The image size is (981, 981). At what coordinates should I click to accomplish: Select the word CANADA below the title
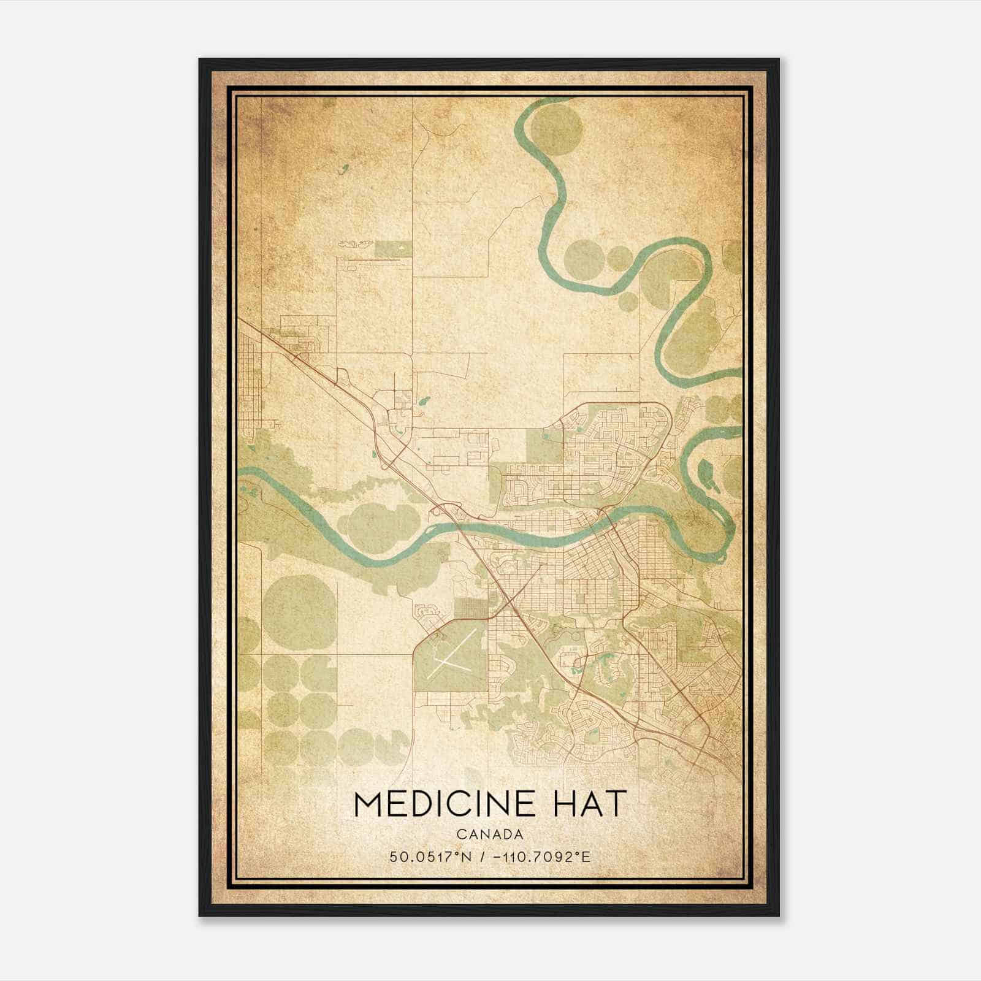[490, 834]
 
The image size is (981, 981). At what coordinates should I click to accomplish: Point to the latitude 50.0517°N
[430, 857]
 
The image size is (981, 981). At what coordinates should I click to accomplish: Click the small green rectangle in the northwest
[393, 248]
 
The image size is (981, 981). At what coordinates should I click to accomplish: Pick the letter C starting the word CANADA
[460, 834]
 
